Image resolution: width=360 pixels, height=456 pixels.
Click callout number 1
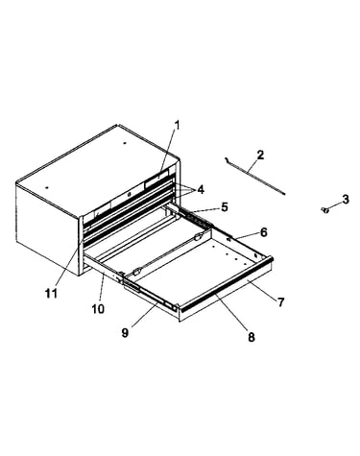[x=177, y=126]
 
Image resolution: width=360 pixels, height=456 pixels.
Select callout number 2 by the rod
[x=260, y=156]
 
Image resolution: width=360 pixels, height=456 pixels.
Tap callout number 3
[x=346, y=200]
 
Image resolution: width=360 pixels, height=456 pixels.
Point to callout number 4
[x=201, y=190]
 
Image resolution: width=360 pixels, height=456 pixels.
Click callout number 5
[x=225, y=207]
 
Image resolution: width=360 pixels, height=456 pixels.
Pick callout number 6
[x=263, y=232]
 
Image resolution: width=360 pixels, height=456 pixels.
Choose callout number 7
[x=280, y=302]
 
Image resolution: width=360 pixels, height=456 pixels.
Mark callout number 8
[x=252, y=337]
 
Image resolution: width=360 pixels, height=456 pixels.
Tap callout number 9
[x=125, y=333]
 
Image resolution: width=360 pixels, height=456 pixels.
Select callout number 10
[x=98, y=309]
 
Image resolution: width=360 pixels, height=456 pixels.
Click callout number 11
[x=51, y=293]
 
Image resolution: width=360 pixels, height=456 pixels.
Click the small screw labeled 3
[x=325, y=210]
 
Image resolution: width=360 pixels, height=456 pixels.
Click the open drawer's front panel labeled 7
[x=226, y=291]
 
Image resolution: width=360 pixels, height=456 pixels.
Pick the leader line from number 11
[x=69, y=262]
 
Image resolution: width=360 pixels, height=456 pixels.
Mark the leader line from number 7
[x=262, y=288]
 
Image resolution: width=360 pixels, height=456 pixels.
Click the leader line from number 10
[x=102, y=288]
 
